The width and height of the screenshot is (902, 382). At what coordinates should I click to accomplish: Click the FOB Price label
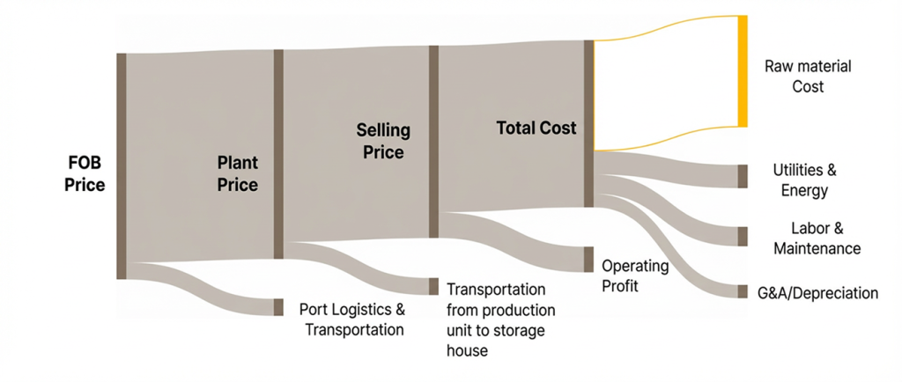(85, 174)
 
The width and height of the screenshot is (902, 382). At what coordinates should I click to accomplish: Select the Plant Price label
(238, 174)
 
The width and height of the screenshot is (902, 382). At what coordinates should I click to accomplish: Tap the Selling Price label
(384, 142)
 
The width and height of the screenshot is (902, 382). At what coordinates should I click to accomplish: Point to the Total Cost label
(536, 129)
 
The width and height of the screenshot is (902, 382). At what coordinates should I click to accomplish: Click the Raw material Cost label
(809, 77)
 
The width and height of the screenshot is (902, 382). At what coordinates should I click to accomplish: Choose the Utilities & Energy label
(805, 180)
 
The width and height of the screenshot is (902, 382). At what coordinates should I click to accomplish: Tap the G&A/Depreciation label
(818, 293)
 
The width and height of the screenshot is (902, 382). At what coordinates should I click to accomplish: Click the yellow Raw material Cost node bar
(743, 71)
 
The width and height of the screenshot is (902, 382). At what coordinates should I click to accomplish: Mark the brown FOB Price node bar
(122, 166)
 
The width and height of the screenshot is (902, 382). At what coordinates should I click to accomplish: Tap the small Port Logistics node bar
(278, 307)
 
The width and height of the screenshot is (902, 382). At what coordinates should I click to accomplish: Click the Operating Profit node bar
(588, 260)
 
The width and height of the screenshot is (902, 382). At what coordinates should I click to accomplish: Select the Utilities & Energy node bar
(743, 176)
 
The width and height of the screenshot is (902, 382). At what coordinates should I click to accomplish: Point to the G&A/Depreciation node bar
(743, 291)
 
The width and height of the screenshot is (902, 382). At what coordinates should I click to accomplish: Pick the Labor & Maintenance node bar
(743, 236)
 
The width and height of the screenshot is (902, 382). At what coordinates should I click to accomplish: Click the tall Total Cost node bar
(588, 123)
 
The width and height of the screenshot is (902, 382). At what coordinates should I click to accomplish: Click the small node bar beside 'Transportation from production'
(433, 287)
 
